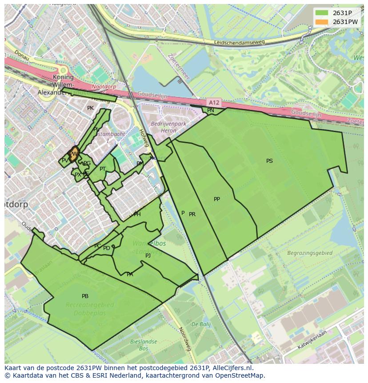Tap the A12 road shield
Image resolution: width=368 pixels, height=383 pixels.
[214, 102]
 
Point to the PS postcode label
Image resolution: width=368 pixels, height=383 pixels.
[269, 161]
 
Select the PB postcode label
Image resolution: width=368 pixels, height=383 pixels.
[85, 296]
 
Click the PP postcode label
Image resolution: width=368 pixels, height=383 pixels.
[216, 199]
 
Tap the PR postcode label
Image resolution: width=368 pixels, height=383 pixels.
[192, 214]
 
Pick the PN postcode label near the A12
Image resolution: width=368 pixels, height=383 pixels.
[210, 110]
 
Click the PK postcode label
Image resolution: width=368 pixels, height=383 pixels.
[90, 108]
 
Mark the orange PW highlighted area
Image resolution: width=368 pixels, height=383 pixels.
[74, 153]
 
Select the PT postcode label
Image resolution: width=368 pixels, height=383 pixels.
[103, 169]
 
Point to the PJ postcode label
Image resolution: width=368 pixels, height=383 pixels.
[148, 255]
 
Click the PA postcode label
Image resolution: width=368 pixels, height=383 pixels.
[130, 274]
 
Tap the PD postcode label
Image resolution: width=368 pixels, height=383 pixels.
[107, 248]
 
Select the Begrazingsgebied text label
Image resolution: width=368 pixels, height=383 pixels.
[309, 253]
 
